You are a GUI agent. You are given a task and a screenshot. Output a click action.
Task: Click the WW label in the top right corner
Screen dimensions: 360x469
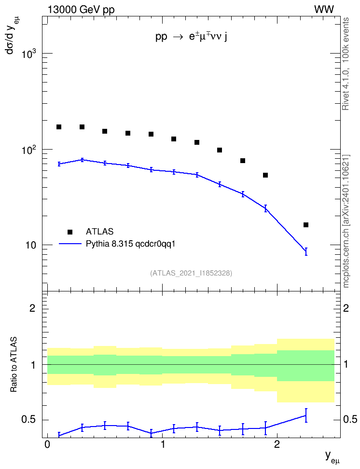coord(324,10)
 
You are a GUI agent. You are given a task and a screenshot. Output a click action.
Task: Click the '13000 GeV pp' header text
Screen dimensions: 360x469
coord(81,10)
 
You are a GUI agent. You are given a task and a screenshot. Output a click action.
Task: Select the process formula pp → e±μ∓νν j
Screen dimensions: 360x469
coord(191,37)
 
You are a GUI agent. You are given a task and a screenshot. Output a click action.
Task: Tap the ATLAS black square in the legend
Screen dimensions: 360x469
coord(70,232)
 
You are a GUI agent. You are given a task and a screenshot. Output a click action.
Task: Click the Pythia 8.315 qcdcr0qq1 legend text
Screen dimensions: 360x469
coord(130,244)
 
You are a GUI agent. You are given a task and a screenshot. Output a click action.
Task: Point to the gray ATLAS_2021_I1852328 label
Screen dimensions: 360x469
coord(191,273)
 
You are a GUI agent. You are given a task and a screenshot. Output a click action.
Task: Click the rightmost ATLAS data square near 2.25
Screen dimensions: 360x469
coord(306,225)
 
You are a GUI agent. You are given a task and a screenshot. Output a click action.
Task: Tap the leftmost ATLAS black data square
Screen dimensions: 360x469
coord(59,127)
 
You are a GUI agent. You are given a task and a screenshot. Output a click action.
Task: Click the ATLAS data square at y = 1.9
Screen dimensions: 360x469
coord(265,175)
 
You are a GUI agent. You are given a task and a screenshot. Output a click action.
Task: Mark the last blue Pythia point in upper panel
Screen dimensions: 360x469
coord(306,251)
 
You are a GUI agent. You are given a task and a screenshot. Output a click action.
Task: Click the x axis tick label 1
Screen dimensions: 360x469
coord(163,444)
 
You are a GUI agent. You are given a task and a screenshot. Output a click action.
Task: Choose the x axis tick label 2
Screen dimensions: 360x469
coord(277,444)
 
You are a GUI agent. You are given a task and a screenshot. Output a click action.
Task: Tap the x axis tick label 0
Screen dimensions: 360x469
coord(47,444)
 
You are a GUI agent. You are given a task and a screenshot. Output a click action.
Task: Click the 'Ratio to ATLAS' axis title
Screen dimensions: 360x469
coord(14,365)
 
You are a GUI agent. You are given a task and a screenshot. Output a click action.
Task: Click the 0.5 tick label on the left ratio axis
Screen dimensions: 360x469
coord(28,419)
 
